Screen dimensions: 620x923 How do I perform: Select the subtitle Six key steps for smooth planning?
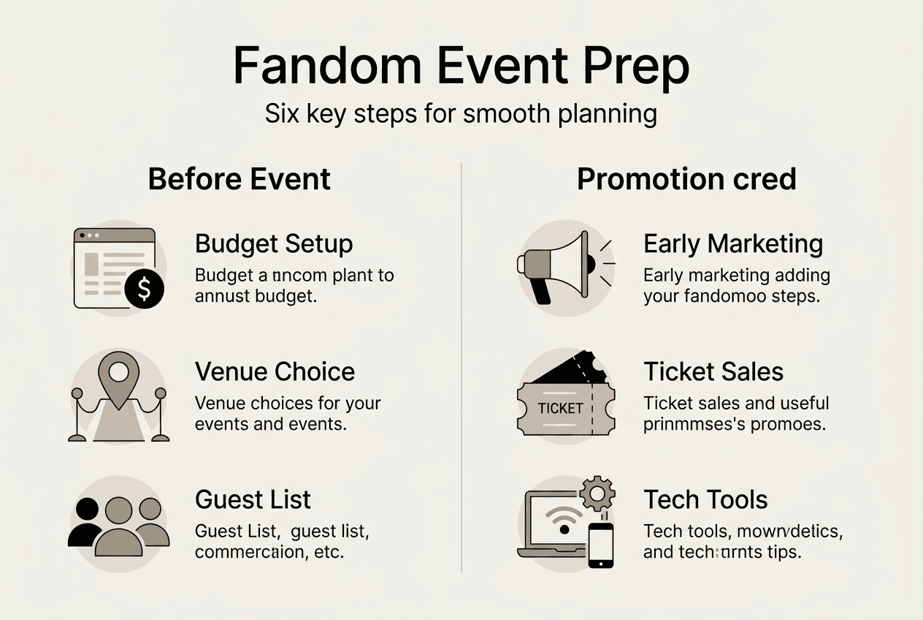pos(461,115)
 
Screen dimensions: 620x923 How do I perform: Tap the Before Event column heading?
pos(239,179)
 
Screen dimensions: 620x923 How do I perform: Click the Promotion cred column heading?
pos(686,179)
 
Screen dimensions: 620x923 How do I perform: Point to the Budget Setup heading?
pos(274,243)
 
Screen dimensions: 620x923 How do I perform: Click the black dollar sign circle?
pos(144,290)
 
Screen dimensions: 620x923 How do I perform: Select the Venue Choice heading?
pos(275,371)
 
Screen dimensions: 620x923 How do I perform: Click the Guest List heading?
pos(253,499)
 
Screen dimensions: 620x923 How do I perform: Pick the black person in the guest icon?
pos(86,521)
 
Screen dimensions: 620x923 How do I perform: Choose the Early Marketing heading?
pos(732,243)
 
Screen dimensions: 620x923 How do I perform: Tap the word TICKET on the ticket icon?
pos(560,408)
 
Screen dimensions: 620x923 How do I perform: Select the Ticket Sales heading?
pos(713,371)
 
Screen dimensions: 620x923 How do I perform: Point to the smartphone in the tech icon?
pos(600,545)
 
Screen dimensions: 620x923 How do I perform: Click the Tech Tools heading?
pos(705,499)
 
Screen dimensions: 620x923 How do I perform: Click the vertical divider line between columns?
pos(461,366)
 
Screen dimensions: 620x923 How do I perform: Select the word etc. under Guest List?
pos(326,551)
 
